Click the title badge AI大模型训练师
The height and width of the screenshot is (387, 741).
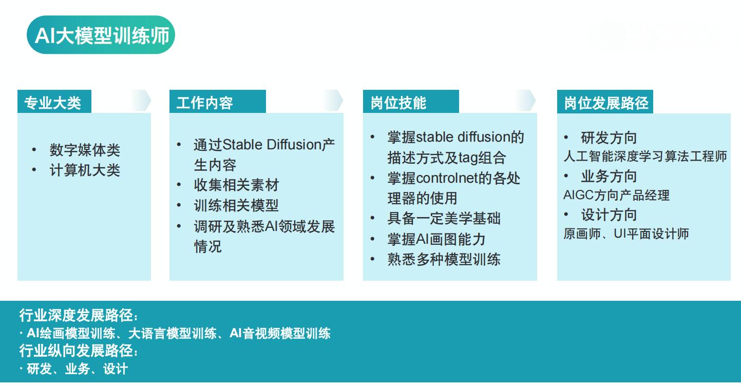pyautogui.click(x=101, y=35)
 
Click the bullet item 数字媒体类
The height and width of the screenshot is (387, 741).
pyautogui.click(x=85, y=150)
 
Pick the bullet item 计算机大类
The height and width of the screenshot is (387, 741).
pyautogui.click(x=85, y=170)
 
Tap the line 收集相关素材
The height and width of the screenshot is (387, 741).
pyautogui.click(x=237, y=185)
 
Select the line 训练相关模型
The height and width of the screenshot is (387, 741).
pyautogui.click(x=237, y=206)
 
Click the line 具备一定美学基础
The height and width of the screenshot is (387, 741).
pyautogui.click(x=444, y=219)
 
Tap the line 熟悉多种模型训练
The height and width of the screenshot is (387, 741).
pyautogui.click(x=444, y=260)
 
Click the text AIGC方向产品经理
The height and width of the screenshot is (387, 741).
pyautogui.click(x=616, y=195)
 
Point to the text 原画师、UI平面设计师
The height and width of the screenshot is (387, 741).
pyautogui.click(x=626, y=234)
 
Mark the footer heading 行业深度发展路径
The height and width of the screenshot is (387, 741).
pyautogui.click(x=79, y=315)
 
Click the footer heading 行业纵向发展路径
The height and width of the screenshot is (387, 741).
pyautogui.click(x=79, y=351)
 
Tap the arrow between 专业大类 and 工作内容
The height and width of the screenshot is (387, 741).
pyautogui.click(x=142, y=101)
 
